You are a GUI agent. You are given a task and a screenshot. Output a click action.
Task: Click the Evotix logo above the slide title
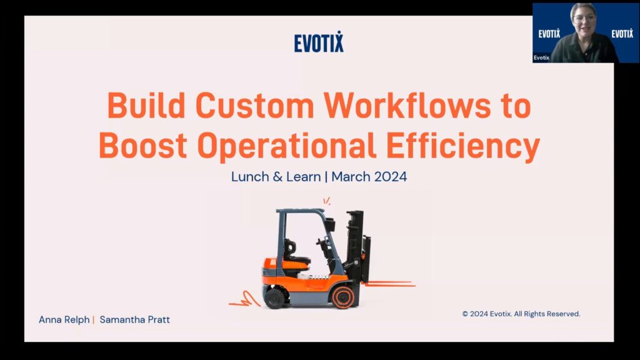319,42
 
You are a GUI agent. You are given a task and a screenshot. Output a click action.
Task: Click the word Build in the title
146,105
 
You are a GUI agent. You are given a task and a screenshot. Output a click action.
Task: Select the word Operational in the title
286,145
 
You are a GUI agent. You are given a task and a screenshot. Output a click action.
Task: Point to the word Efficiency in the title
463,146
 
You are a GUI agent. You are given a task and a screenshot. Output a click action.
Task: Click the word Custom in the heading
255,105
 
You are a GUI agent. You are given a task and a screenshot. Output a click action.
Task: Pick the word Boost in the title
143,145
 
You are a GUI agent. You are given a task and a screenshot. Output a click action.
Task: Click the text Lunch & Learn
276,177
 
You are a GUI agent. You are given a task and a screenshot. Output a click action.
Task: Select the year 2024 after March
391,177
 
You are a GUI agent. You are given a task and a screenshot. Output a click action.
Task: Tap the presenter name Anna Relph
64,319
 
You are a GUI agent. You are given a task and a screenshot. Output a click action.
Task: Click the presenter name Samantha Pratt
135,319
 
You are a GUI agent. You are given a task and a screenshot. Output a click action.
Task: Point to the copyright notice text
521,314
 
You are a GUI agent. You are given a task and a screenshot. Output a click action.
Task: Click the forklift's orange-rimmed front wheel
343,297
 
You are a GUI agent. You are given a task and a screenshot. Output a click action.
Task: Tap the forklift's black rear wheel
274,298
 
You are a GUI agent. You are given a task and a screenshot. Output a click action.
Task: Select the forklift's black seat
296,253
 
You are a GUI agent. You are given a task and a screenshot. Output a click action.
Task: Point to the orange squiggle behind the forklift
245,300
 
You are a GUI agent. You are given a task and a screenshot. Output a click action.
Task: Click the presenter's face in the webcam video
584,19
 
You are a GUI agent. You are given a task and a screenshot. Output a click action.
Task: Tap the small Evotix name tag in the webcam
541,58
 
